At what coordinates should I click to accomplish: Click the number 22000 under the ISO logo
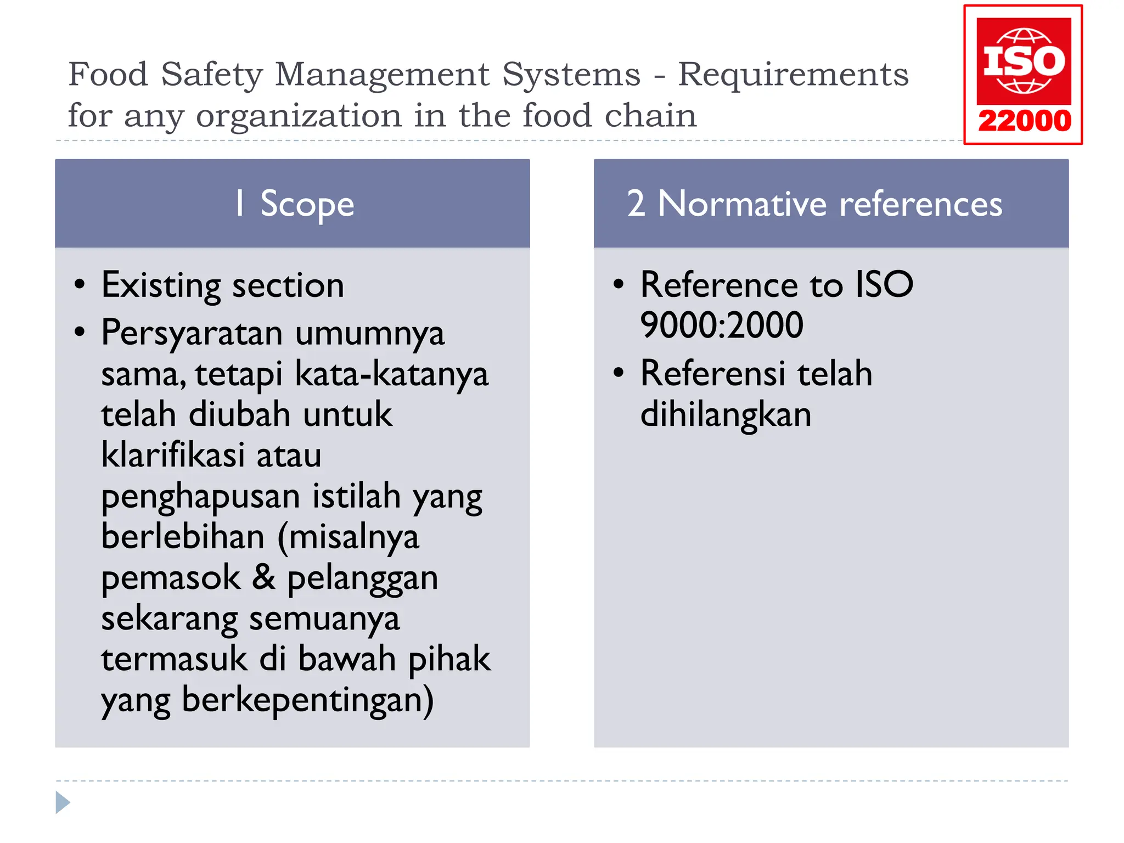pos(1024,121)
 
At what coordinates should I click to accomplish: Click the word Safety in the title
pos(212,74)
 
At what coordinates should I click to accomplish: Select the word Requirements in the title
pos(793,74)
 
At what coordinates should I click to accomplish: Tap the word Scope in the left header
pos(307,204)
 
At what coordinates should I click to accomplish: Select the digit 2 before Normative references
pos(636,204)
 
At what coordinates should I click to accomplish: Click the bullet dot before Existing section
pos(80,284)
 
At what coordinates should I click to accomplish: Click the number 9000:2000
pos(721,325)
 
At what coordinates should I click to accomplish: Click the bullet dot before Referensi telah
pos(619,373)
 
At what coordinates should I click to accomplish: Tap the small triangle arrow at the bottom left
pos(63,802)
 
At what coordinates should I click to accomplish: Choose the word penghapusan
pos(201,497)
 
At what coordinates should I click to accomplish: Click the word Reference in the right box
pos(719,285)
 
